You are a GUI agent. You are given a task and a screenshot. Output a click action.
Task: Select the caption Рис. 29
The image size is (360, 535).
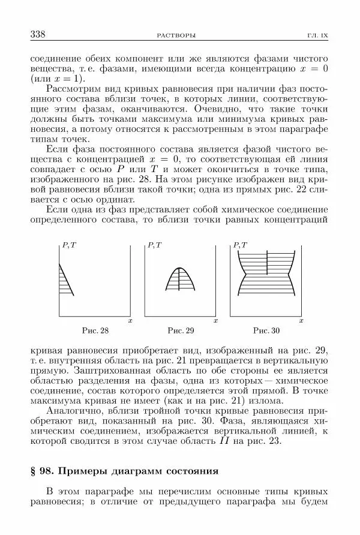tap(181, 330)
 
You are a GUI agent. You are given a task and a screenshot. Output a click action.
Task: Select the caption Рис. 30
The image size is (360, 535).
tap(266, 330)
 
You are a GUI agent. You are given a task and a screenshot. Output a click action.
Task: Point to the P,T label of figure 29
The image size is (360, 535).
tap(155, 246)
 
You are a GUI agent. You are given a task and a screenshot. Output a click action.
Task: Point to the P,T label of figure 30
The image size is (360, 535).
tap(241, 246)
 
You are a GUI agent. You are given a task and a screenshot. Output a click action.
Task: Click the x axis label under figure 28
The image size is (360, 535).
tap(130, 322)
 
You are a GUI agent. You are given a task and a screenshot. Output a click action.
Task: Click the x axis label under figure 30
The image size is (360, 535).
tap(301, 322)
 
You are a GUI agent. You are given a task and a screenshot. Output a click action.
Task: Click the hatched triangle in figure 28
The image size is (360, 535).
tap(64, 279)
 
